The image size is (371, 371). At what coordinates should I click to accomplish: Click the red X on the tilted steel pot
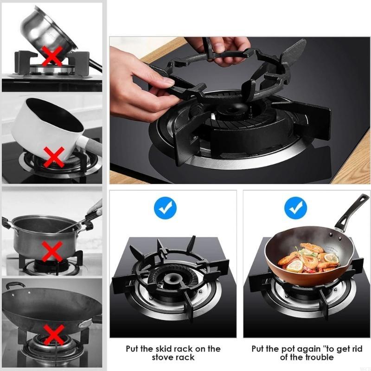point(52,56)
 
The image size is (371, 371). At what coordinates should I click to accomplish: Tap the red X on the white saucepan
point(54,157)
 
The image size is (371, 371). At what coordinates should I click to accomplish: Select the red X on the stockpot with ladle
point(52,251)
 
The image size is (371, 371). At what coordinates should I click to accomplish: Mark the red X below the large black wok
point(54,334)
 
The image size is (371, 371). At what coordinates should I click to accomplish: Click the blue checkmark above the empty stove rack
point(165,208)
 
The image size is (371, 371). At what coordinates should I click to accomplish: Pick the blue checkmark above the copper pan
point(295,208)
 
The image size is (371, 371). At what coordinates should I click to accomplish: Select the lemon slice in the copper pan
point(294,266)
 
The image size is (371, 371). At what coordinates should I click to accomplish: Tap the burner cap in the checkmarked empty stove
point(170,279)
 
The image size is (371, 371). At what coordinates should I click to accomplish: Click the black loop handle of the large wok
point(14,285)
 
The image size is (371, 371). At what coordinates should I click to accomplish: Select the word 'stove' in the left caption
point(164,357)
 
